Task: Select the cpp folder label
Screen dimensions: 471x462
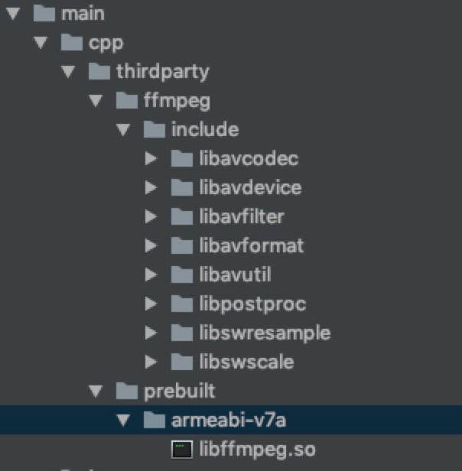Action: click(105, 43)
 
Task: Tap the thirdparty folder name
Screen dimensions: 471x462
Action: click(162, 72)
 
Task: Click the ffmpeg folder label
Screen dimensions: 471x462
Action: click(176, 101)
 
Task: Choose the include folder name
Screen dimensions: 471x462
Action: click(205, 130)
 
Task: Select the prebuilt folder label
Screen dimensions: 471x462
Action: click(180, 391)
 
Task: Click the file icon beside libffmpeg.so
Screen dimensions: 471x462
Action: click(181, 450)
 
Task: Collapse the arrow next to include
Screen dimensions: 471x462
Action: click(124, 130)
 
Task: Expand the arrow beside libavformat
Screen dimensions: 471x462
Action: click(151, 246)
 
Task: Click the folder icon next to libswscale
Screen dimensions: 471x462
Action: click(181, 362)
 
